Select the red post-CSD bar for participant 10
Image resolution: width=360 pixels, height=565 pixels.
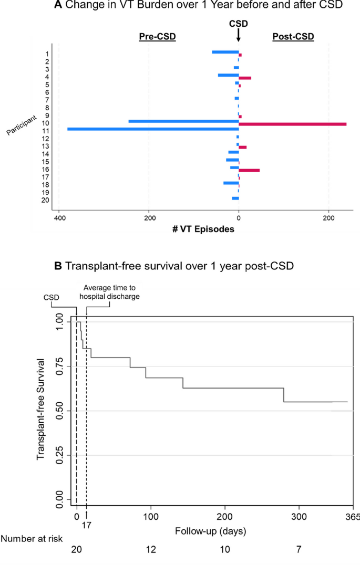pyautogui.click(x=293, y=124)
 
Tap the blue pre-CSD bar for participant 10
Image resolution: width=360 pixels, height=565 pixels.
pyautogui.click(x=183, y=121)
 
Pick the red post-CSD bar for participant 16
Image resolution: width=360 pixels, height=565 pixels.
pyautogui.click(x=249, y=170)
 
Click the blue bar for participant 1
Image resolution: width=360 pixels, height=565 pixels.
pyautogui.click(x=225, y=52)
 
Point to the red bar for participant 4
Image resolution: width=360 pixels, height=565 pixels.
pyautogui.click(x=245, y=78)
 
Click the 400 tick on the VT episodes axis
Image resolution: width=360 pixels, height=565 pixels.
pyautogui.click(x=59, y=217)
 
